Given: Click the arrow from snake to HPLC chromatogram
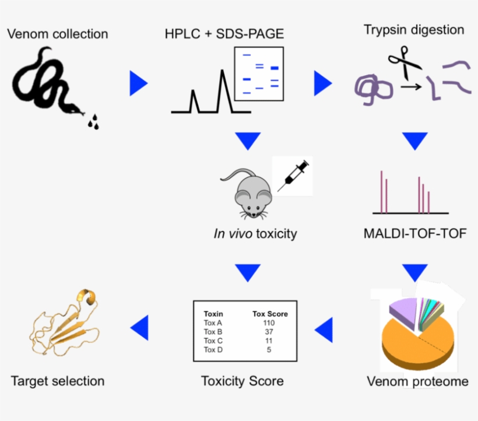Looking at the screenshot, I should click(138, 83).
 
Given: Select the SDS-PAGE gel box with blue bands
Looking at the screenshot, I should click(258, 73).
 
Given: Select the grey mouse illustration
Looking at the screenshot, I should click(247, 192).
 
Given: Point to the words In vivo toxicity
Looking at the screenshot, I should click(255, 234).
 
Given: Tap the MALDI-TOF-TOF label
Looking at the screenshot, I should click(414, 234).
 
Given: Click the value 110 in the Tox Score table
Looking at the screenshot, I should click(269, 322).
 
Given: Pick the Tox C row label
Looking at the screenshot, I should click(213, 341).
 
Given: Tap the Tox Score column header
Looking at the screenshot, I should click(269, 313).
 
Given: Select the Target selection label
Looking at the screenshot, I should click(58, 381).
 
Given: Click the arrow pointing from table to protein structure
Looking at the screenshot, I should click(140, 328).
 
